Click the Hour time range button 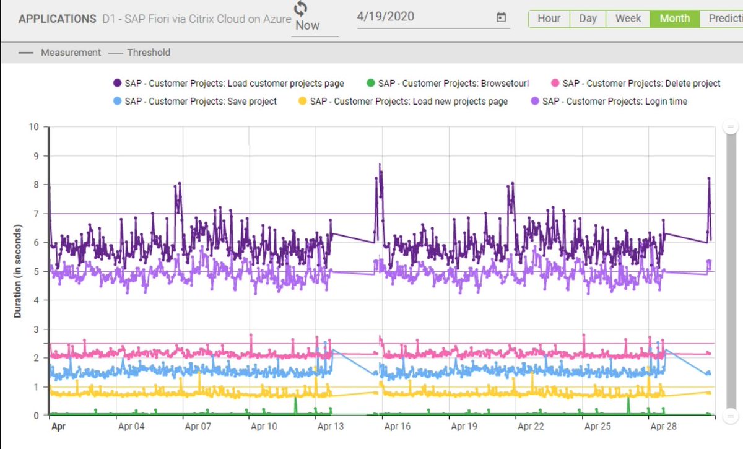[549, 19]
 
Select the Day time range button [588, 19]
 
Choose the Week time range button [628, 19]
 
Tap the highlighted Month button [674, 19]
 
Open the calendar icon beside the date [501, 17]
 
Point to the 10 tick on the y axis [34, 127]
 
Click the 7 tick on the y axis [37, 214]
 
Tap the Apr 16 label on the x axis [397, 427]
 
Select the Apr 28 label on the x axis [664, 427]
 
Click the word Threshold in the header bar [149, 53]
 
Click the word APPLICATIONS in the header [57, 19]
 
